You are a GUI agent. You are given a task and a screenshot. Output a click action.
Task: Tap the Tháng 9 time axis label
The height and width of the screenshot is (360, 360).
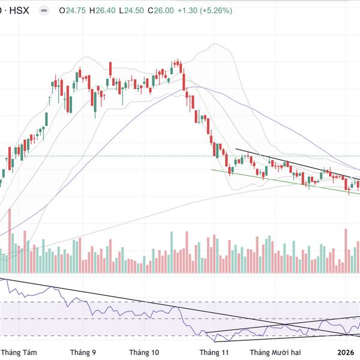(x=83, y=352)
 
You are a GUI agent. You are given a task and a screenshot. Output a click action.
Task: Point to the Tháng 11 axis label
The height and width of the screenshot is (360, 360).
(x=215, y=352)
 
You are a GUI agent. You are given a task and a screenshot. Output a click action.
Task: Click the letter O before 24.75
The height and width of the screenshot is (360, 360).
(x=63, y=11)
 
